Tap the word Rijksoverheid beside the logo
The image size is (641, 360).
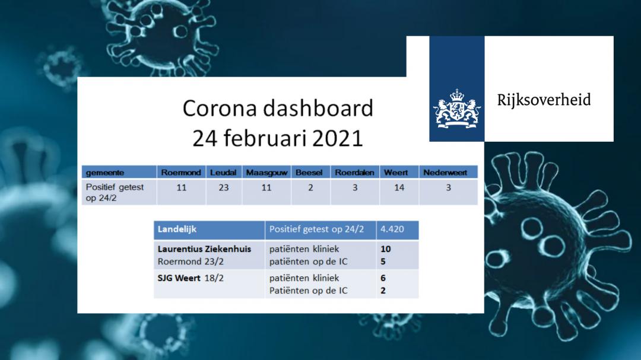pyautogui.click(x=544, y=100)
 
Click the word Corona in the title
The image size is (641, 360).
pyautogui.click(x=220, y=109)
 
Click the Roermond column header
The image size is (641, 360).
pyautogui.click(x=180, y=173)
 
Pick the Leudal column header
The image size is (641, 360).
pyautogui.click(x=223, y=173)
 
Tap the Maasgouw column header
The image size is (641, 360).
pyautogui.click(x=266, y=173)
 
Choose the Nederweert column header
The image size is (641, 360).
pyautogui.click(x=445, y=173)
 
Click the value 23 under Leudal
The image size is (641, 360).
pyautogui.click(x=224, y=187)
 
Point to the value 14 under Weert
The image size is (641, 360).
pyautogui.click(x=399, y=187)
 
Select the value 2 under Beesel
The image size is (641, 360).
pyautogui.click(x=310, y=187)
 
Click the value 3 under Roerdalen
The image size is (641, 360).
pyautogui.click(x=355, y=187)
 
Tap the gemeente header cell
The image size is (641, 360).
pyautogui.click(x=105, y=173)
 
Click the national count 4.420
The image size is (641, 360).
pyautogui.click(x=392, y=230)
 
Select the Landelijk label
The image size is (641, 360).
pyautogui.click(x=177, y=230)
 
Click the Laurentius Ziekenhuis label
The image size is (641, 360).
pyautogui.click(x=204, y=249)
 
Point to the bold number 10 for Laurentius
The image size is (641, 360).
pyautogui.click(x=386, y=249)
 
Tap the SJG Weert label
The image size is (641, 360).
pyautogui.click(x=179, y=278)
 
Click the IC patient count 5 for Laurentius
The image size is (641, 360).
pyautogui.click(x=383, y=262)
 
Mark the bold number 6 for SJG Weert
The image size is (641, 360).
pyautogui.click(x=383, y=278)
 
